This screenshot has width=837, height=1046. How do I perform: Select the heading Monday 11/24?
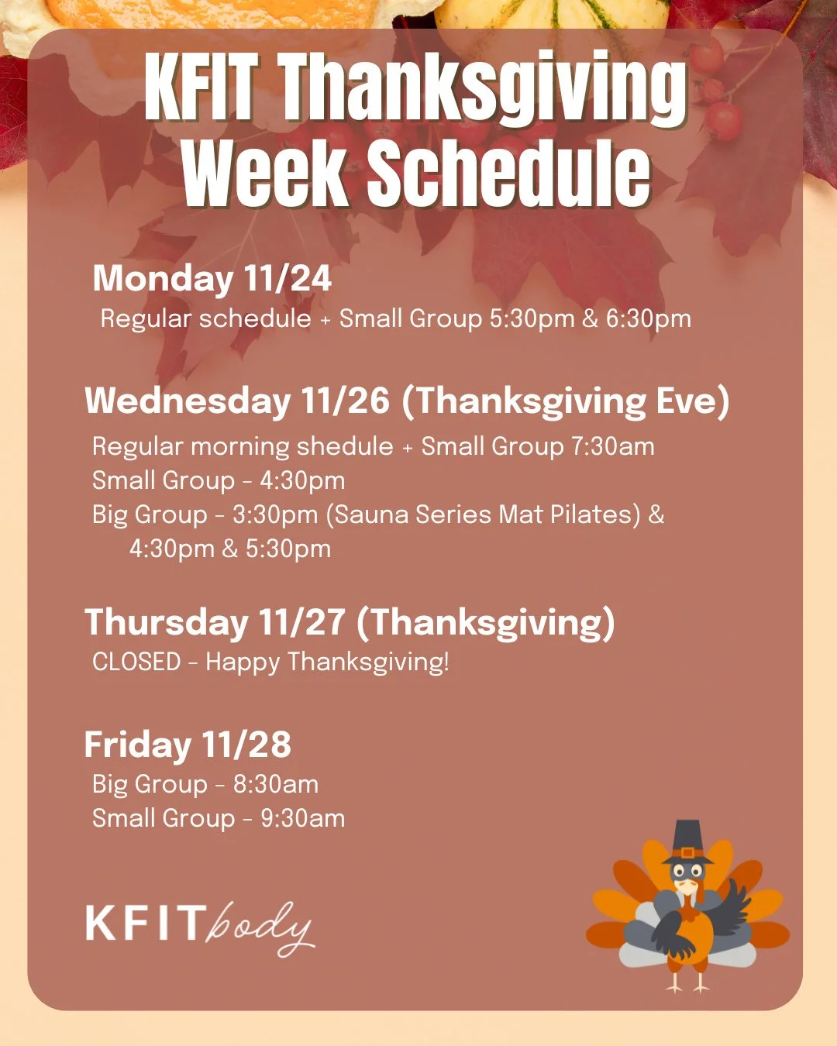(x=212, y=279)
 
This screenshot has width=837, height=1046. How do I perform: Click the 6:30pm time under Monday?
(x=648, y=318)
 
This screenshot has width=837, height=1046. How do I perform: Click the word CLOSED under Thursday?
(x=136, y=662)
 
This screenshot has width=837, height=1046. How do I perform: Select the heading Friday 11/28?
(x=188, y=745)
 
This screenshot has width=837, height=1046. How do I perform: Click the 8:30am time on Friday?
(x=275, y=784)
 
